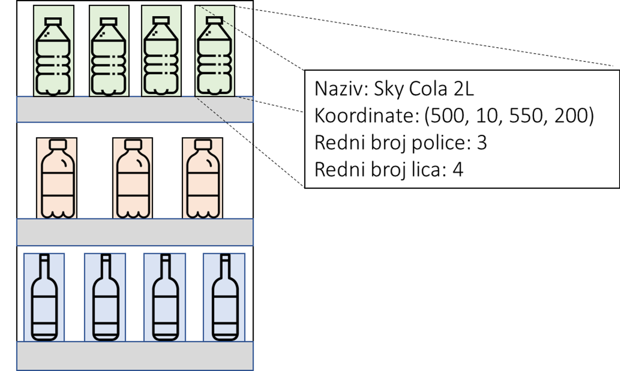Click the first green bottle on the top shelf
tap(53, 57)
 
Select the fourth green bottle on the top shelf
tap(215, 57)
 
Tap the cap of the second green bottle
tap(109, 22)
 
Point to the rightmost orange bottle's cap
tap(203, 144)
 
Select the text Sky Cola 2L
tap(424, 89)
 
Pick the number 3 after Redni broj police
tap(482, 143)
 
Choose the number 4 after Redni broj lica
tap(458, 169)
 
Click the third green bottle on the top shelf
tap(161, 57)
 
